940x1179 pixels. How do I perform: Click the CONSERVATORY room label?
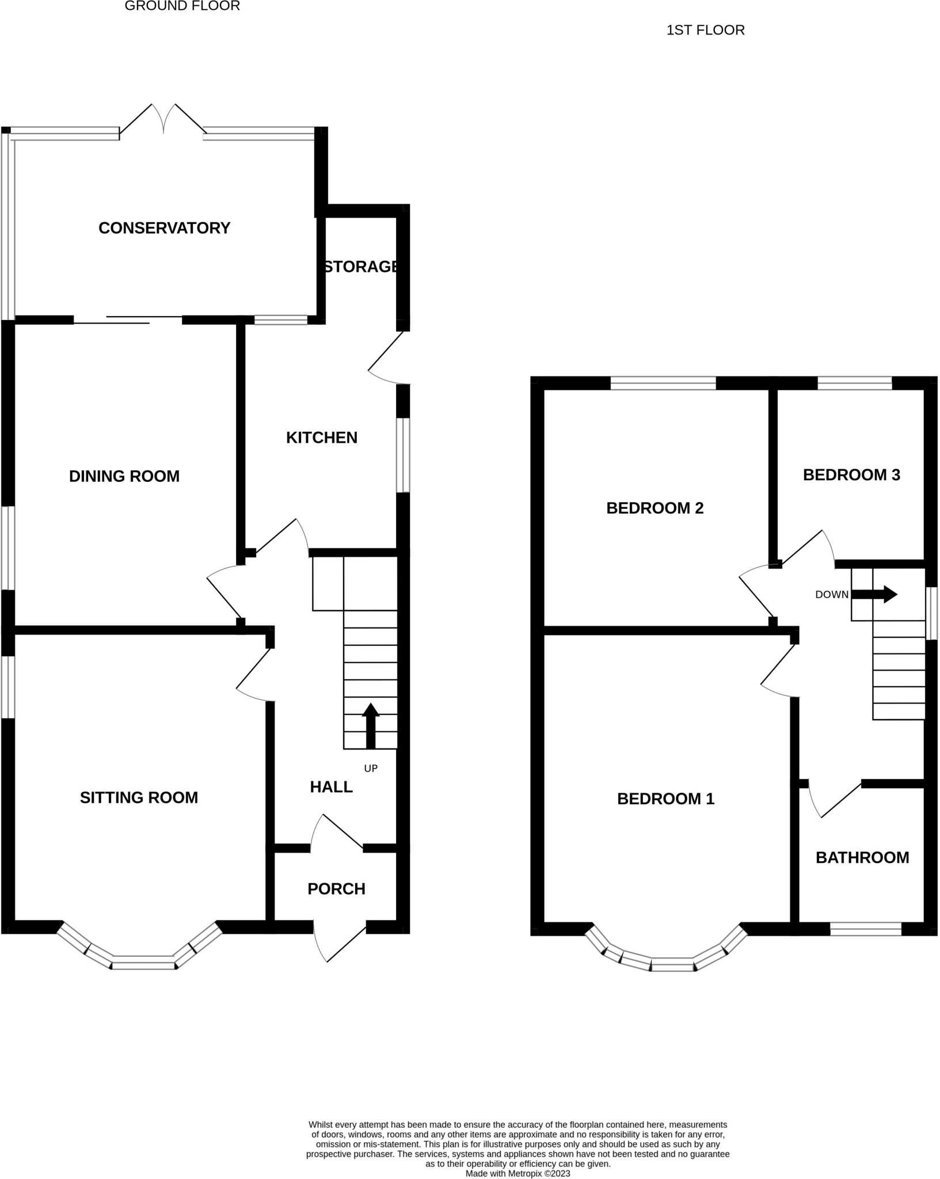(164, 228)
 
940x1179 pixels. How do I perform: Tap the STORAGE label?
(361, 267)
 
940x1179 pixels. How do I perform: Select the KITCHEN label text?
(322, 438)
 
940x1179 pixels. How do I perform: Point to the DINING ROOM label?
(124, 476)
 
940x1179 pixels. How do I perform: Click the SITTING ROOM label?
(139, 797)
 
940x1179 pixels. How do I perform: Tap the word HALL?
(331, 787)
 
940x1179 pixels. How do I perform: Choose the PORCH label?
(336, 889)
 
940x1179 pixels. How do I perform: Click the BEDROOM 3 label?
(851, 475)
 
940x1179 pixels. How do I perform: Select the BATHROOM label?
(862, 858)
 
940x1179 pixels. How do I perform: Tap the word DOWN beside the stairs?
(832, 595)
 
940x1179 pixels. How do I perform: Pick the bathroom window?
(865, 929)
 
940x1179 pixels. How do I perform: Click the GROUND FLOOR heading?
(182, 6)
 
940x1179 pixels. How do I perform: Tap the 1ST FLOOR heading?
(705, 30)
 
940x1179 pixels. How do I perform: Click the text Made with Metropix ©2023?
(517, 1173)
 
